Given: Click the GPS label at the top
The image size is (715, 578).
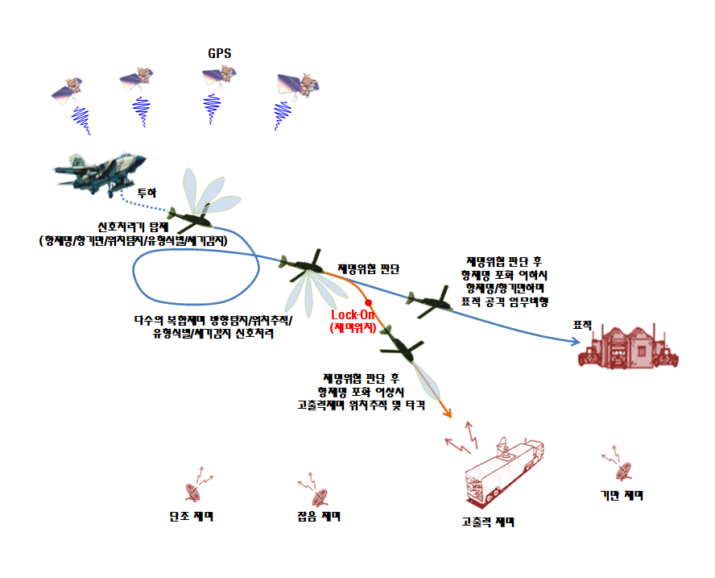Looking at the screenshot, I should point(220,53).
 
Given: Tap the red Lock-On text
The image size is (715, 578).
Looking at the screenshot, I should point(350,314).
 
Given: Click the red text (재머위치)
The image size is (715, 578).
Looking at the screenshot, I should point(352,327).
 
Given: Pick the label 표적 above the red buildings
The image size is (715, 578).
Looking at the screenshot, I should point(582,324).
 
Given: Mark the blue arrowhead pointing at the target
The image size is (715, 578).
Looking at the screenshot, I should point(574,342).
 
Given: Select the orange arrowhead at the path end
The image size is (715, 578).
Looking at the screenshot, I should point(447,413).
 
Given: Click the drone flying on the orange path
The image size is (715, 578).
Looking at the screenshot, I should point(399,345).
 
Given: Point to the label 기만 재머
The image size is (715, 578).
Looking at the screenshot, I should point(622,495).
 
